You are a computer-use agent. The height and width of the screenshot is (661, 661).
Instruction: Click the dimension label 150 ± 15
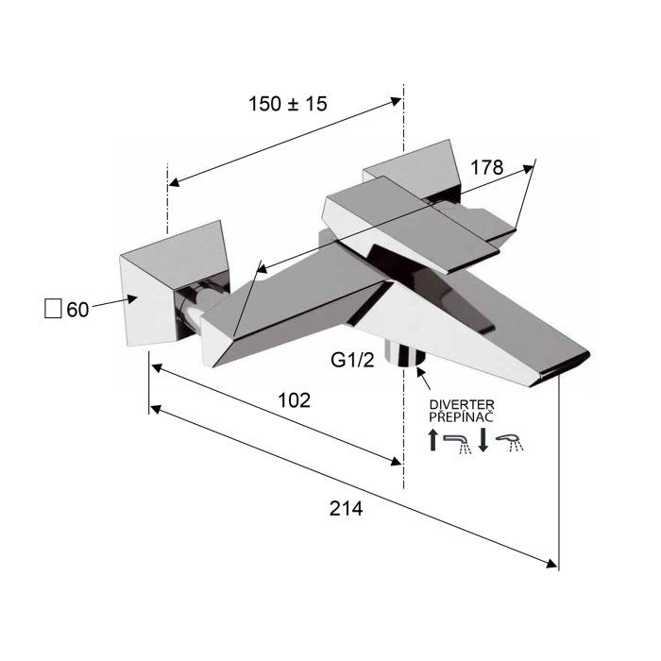coord(288,104)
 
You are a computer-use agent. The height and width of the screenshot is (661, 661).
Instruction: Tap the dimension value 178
coord(486,167)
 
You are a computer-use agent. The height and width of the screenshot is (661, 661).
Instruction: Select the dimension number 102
coord(295,400)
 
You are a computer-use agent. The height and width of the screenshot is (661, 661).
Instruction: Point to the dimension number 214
coord(346,508)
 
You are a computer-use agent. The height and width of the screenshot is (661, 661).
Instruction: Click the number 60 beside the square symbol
coord(77,310)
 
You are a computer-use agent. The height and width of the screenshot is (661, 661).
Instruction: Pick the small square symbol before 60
coord(53,308)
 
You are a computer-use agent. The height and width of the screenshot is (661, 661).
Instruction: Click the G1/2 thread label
coord(352,360)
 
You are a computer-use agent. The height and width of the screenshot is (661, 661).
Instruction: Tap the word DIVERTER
coord(462,405)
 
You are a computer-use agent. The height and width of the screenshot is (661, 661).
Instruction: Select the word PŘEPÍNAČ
coord(461,416)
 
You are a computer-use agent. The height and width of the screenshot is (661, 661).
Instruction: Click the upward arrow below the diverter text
coord(432,440)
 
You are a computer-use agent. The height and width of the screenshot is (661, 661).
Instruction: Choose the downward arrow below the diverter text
coord(483,440)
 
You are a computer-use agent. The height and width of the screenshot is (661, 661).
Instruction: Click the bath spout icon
coord(457,444)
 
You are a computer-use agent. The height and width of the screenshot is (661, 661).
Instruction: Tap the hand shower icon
coord(510,443)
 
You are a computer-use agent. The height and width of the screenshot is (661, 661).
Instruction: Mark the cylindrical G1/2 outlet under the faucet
coord(405,353)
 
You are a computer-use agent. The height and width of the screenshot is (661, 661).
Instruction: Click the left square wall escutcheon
coord(175,283)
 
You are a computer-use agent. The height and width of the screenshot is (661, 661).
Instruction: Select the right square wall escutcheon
coord(414,171)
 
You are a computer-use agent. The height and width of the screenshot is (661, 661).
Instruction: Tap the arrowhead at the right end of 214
coord(551,564)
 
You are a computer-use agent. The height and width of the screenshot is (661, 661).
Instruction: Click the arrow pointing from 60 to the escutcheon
coord(115,302)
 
